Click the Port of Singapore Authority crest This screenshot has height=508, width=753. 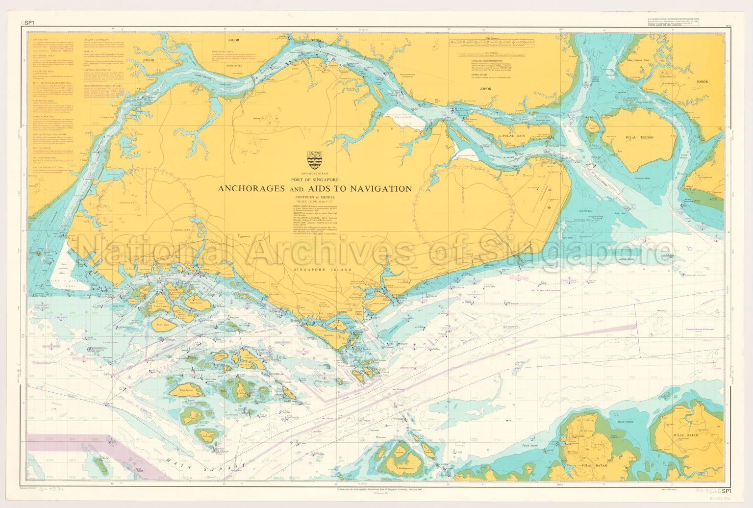pyautogui.click(x=314, y=160)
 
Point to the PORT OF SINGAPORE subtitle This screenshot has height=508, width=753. pyautogui.click(x=314, y=179)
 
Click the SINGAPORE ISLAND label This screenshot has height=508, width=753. pyautogui.click(x=314, y=270)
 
